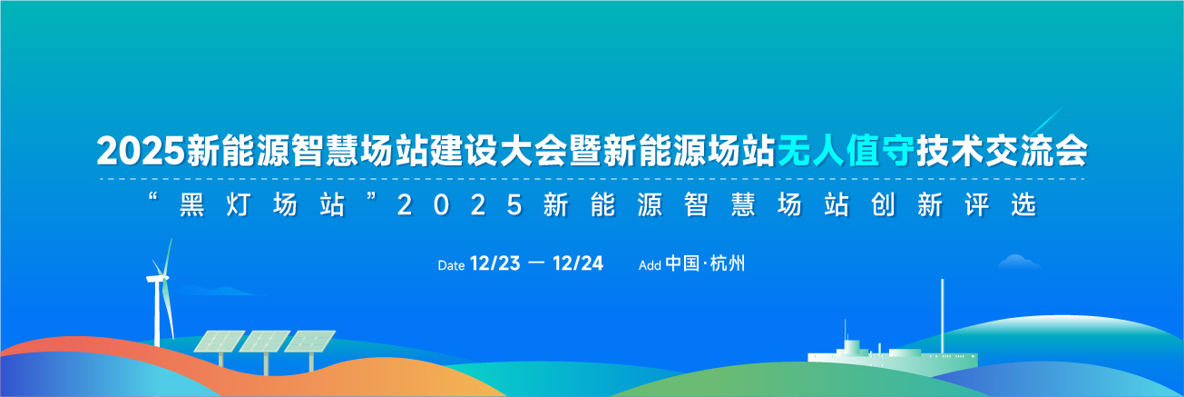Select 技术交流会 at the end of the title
1003,151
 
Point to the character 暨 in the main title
586,151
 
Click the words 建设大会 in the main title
499,151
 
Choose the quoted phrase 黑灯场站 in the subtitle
262,204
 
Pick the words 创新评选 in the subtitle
954,204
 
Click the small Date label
451,265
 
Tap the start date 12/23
494,263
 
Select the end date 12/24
578,263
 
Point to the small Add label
650,265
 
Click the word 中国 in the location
682,263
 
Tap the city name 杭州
728,263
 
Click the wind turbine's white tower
157,313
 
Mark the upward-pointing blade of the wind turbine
168,257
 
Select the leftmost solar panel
219,342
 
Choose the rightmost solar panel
309,342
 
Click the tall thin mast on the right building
942,316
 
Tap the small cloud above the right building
1020,262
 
